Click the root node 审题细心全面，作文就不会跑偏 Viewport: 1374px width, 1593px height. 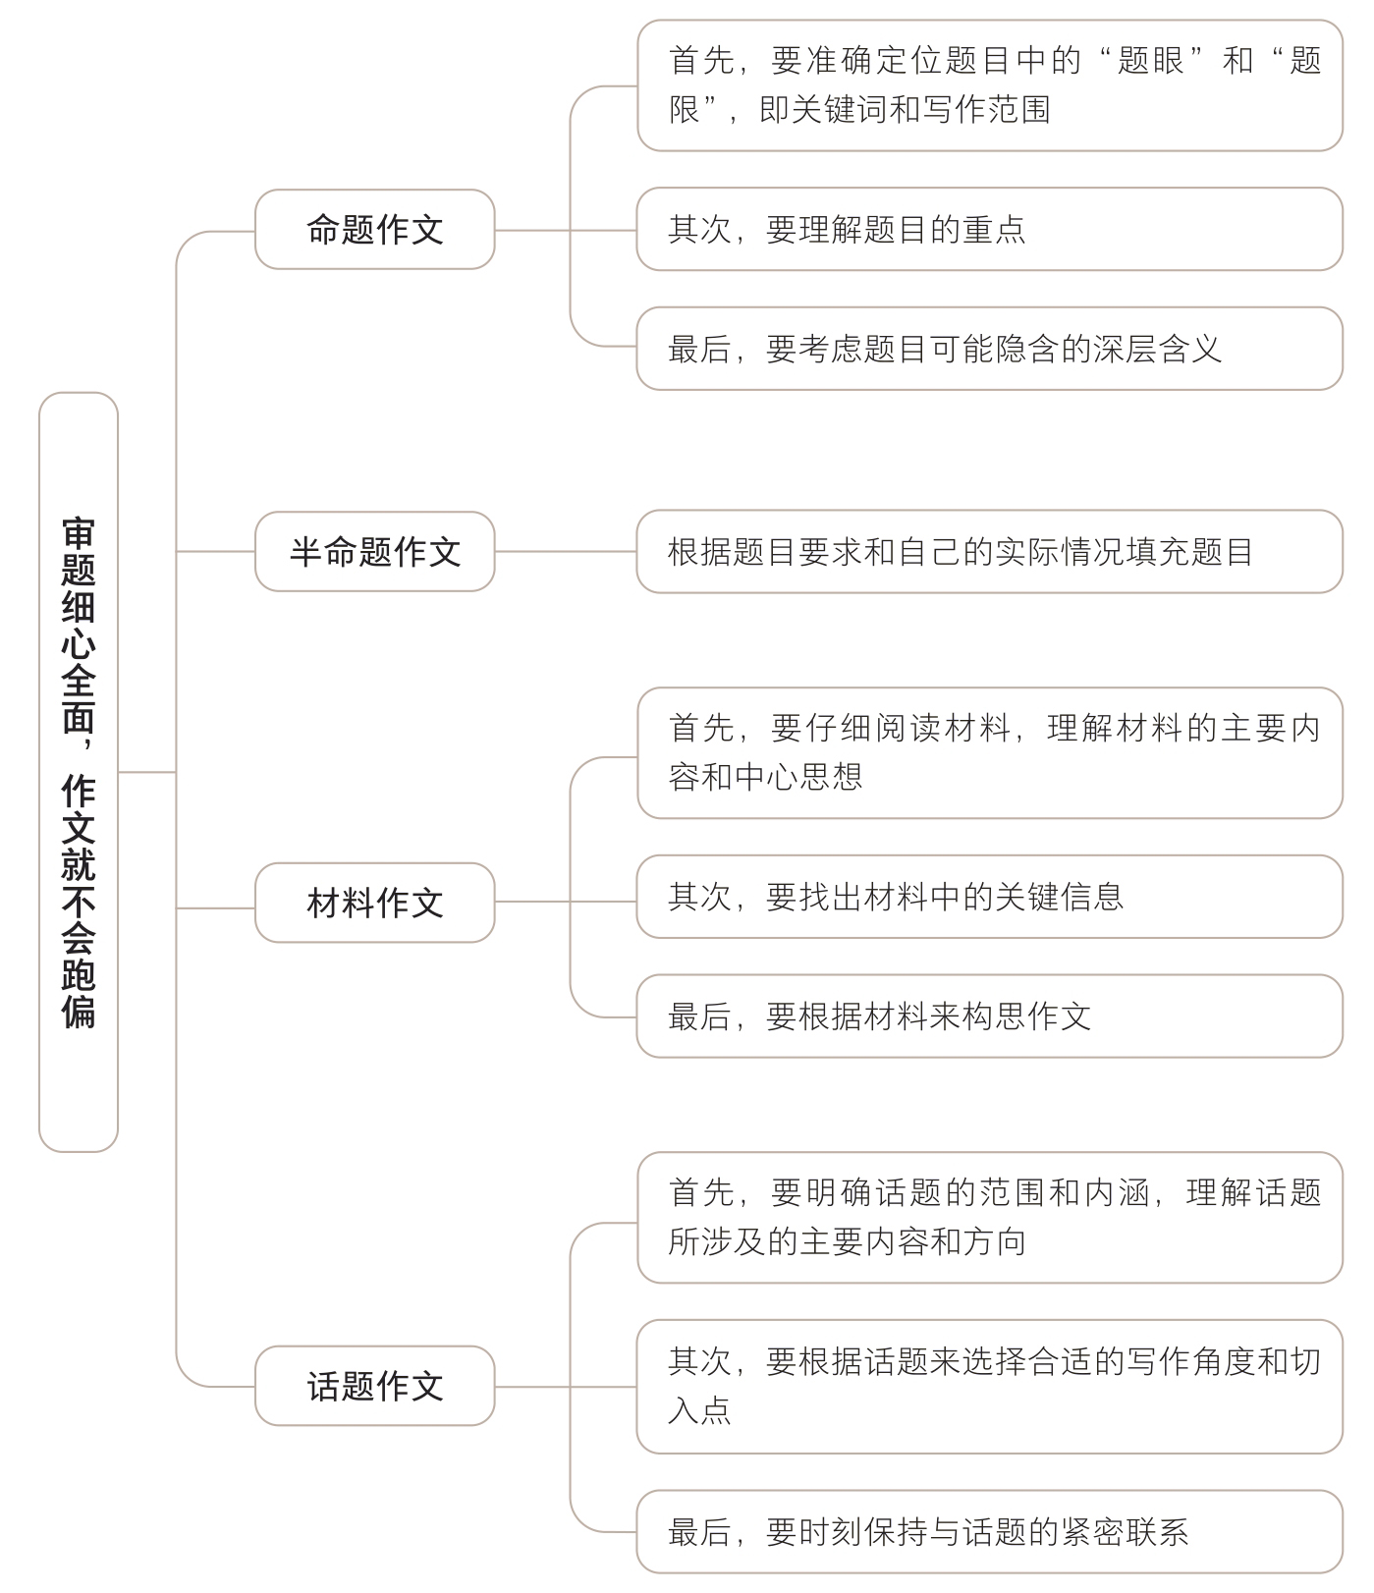click(79, 772)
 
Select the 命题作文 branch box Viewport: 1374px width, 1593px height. click(374, 230)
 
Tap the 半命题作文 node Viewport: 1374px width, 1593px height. click(374, 552)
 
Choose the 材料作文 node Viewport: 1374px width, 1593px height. click(374, 903)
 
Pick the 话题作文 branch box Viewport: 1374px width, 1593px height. click(374, 1386)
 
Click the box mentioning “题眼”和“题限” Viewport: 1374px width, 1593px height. click(989, 85)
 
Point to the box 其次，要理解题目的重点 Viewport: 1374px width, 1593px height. click(989, 230)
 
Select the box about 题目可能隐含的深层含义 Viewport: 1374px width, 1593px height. click(989, 350)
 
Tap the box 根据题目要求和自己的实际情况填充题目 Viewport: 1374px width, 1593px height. click(989, 552)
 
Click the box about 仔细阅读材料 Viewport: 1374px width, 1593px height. click(989, 753)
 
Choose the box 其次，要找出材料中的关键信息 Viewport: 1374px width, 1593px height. click(989, 897)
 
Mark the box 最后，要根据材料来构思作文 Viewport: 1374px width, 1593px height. click(989, 1016)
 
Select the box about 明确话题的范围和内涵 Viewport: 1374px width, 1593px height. click(989, 1218)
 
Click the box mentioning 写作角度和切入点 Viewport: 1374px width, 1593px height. click(989, 1387)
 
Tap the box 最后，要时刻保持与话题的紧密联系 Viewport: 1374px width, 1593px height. click(989, 1532)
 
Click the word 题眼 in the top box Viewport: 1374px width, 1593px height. click(1150, 62)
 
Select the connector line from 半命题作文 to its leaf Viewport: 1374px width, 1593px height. click(566, 552)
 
